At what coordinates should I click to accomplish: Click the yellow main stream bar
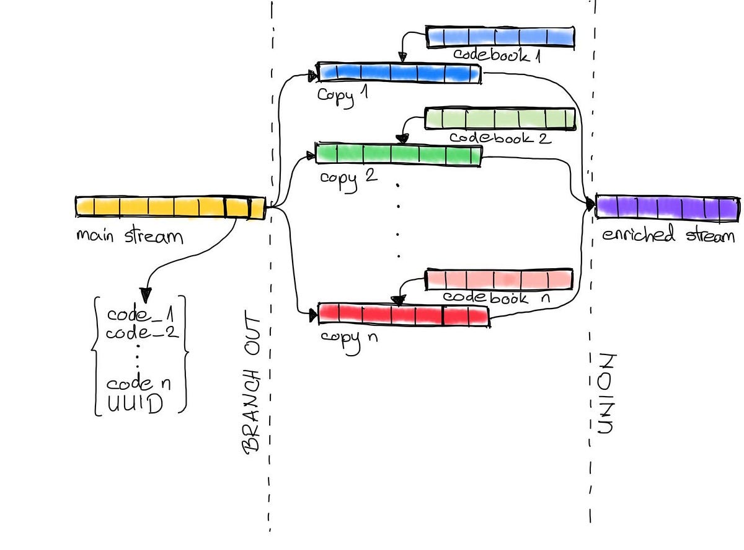(170, 207)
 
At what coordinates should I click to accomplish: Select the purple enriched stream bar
(667, 207)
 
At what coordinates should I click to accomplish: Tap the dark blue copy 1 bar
(399, 73)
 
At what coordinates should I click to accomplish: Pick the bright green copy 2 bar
(398, 154)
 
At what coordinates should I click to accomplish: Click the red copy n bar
(403, 315)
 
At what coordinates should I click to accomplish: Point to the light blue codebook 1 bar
(500, 37)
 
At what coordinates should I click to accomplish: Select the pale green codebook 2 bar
(500, 118)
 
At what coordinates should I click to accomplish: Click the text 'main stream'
(130, 237)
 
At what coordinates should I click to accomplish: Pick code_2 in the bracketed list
(142, 333)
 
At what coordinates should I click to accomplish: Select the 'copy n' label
(349, 338)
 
